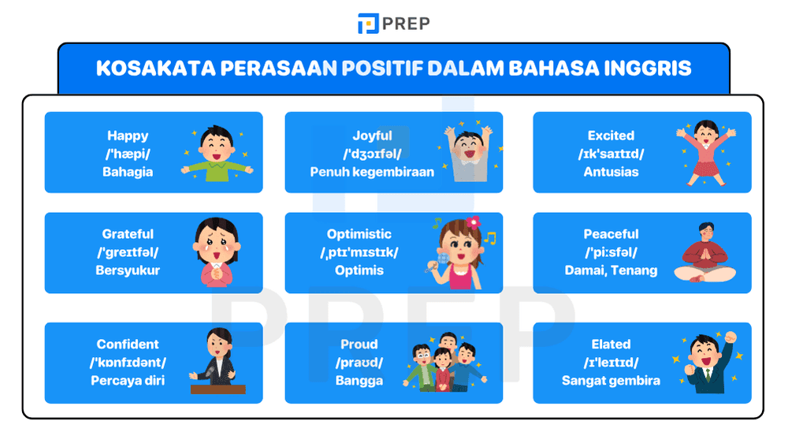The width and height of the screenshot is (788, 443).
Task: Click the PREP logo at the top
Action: tap(393, 24)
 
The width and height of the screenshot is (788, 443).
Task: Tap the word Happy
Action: tap(128, 136)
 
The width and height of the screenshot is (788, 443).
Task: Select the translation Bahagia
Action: tap(128, 171)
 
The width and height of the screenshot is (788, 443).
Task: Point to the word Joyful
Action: tap(372, 136)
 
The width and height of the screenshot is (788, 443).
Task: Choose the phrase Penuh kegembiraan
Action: tap(372, 171)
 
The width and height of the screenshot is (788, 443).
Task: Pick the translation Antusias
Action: tap(611, 171)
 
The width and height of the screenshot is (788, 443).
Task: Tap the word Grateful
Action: tap(128, 234)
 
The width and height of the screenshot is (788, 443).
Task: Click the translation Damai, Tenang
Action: tap(611, 270)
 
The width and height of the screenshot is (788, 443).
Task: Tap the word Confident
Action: tap(128, 344)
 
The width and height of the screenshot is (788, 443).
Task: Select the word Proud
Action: tap(359, 344)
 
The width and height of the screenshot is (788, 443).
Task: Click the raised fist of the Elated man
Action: tap(730, 337)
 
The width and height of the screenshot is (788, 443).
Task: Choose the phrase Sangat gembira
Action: tap(611, 381)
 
